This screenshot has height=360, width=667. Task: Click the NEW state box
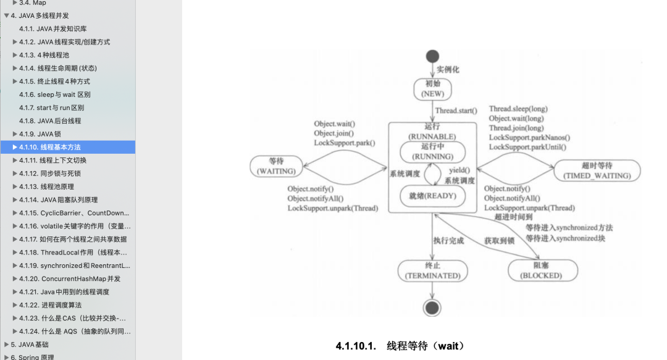(x=432, y=89)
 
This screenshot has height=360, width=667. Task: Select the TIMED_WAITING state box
(x=597, y=170)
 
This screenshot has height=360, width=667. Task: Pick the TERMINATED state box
(x=432, y=270)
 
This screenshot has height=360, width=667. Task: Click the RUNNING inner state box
(x=432, y=152)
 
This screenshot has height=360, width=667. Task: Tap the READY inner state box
(x=432, y=196)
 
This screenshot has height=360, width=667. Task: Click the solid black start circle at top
(x=432, y=56)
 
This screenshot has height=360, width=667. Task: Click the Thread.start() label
(x=456, y=111)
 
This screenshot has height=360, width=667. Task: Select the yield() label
(x=459, y=170)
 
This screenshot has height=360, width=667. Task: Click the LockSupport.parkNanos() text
(x=529, y=138)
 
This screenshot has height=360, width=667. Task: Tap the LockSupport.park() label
(x=344, y=143)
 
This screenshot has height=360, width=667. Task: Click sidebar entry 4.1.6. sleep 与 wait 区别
(x=54, y=94)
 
